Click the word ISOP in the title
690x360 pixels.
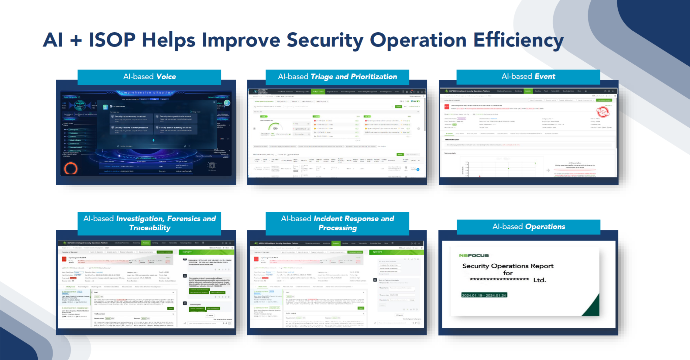(112, 40)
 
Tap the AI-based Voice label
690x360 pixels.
(149, 77)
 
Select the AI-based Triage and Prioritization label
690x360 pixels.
(337, 77)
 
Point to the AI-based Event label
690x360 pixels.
(528, 76)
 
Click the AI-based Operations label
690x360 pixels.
(528, 227)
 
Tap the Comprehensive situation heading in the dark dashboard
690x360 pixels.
(146, 93)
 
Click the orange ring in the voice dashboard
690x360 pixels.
(71, 168)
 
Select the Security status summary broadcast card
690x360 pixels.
(131, 118)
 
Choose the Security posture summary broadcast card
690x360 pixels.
(176, 129)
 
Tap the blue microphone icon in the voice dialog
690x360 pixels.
(153, 140)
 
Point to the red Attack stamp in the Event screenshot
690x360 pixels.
(603, 112)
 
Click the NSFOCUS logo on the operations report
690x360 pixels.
(474, 255)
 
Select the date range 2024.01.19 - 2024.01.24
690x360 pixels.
(484, 295)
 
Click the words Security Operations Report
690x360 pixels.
(507, 266)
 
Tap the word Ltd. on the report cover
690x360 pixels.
(539, 280)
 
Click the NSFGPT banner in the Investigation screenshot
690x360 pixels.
(187, 252)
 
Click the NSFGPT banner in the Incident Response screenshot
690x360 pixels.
(377, 252)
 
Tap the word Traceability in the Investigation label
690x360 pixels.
(150, 228)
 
